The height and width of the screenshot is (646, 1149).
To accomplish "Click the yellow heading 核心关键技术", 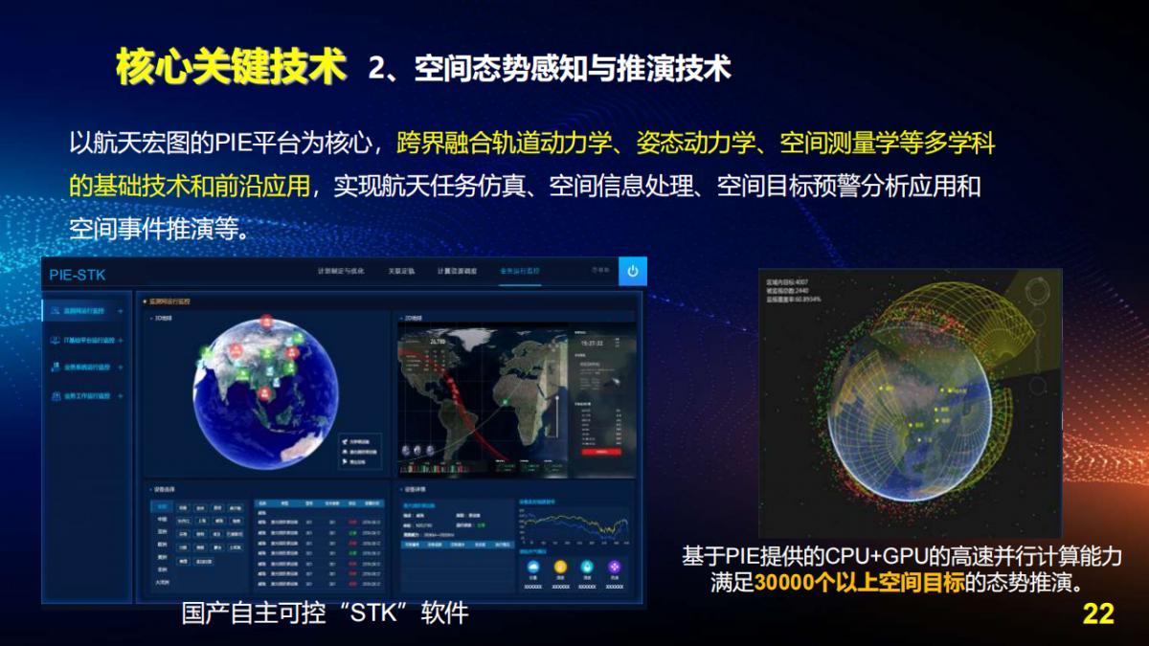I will coord(230,67).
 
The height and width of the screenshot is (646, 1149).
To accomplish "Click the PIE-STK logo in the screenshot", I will coord(78,276).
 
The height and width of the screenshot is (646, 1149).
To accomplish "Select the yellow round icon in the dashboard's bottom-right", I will coord(560,567).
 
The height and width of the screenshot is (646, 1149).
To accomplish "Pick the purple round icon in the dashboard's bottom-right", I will coord(614,567).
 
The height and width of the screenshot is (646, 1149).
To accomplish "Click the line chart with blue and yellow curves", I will coord(573,525).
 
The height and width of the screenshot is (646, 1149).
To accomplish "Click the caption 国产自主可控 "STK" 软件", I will coord(326,613).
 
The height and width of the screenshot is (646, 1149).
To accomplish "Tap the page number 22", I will coord(1098,613).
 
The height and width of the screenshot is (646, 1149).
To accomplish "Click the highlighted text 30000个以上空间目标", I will coord(859,583).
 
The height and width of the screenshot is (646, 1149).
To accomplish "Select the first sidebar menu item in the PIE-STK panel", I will coord(86,311).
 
